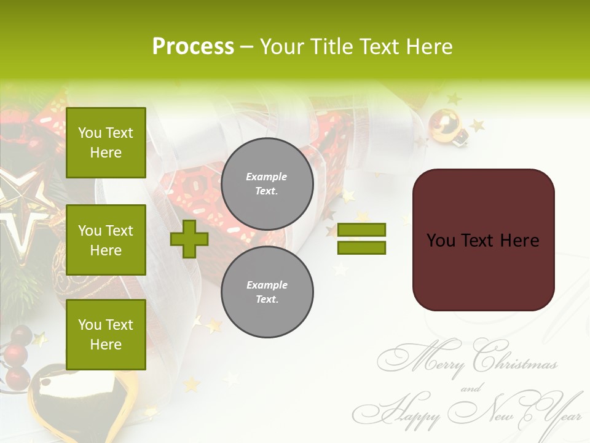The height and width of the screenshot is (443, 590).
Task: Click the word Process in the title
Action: pyautogui.click(x=193, y=47)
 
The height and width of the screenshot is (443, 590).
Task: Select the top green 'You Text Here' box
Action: pyautogui.click(x=106, y=143)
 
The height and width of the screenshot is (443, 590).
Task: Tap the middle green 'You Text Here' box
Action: pyautogui.click(x=106, y=240)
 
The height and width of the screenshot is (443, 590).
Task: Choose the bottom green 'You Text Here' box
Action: pyautogui.click(x=106, y=335)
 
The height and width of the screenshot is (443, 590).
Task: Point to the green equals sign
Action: pyautogui.click(x=362, y=239)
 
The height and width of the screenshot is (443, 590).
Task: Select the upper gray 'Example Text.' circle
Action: pyautogui.click(x=267, y=184)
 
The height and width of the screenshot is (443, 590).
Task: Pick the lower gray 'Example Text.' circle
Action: pyautogui.click(x=267, y=292)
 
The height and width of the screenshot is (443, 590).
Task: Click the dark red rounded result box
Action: pyautogui.click(x=483, y=240)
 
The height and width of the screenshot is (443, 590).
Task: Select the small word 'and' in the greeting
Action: pyautogui.click(x=471, y=388)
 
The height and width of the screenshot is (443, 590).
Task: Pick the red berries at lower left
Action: pyautogui.click(x=17, y=354)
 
